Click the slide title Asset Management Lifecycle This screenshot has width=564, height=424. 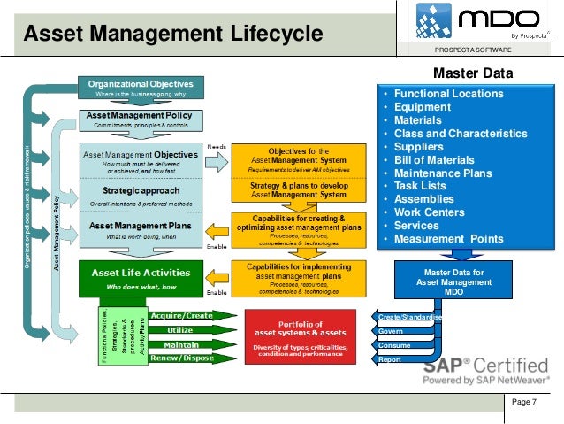tap(173, 35)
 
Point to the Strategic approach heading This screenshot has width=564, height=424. tap(141, 190)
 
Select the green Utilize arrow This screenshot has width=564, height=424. tap(181, 329)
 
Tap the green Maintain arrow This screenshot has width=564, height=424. tap(181, 344)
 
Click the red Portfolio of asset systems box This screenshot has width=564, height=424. tap(299, 335)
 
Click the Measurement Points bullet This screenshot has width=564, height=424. tap(448, 239)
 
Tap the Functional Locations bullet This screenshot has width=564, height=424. tap(448, 94)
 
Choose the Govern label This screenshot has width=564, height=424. tap(392, 331)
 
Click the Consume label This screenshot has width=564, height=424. tap(394, 345)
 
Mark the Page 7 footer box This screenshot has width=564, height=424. tap(529, 404)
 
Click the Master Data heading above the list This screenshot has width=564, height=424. tap(469, 73)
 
